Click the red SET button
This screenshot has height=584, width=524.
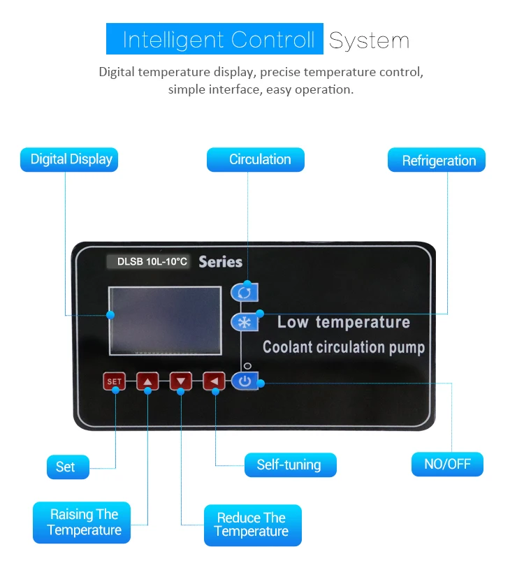[114, 381]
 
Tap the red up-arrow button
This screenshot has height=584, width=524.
[147, 381]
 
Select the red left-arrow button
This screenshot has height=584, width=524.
[214, 381]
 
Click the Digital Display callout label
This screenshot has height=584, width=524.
[70, 159]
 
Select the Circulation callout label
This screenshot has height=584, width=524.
[256, 159]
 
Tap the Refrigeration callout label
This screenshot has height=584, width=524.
[437, 161]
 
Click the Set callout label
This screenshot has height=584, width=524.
[68, 467]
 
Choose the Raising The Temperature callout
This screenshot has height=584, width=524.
[82, 523]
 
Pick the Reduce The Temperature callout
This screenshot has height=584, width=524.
[252, 525]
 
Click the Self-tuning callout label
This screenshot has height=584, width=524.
[290, 465]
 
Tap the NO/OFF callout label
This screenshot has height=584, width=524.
[447, 464]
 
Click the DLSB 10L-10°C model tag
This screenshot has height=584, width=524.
[148, 262]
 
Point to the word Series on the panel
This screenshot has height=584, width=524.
[220, 262]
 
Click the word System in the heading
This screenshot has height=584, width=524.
[369, 40]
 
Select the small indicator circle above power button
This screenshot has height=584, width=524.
[247, 366]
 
